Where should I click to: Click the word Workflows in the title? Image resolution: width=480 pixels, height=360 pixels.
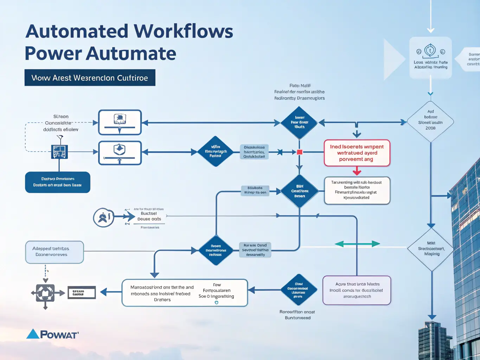(x=184, y=31)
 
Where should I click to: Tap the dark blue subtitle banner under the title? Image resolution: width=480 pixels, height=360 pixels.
(x=90, y=78)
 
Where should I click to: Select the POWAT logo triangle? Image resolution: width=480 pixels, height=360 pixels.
(x=33, y=334)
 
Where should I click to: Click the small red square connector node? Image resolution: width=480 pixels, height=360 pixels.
(x=300, y=152)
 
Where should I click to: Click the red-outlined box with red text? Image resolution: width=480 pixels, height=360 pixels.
(x=357, y=153)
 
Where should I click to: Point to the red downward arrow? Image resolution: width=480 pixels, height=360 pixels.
(x=357, y=171)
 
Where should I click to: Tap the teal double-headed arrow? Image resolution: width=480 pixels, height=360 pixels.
(x=357, y=244)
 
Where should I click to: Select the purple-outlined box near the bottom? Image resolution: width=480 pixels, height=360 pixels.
(x=357, y=290)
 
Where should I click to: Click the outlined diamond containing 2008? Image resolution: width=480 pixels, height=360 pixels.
(x=430, y=122)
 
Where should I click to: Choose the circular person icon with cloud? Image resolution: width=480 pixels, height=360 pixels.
(x=103, y=218)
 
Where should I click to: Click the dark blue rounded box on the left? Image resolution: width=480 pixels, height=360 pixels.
(x=58, y=182)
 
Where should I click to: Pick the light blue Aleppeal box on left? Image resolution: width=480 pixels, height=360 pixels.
(x=55, y=252)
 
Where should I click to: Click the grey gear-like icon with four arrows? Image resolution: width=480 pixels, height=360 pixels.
(x=45, y=292)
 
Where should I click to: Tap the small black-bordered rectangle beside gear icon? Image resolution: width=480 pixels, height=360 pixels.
(x=82, y=292)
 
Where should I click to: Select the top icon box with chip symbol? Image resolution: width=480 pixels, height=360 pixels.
(x=120, y=122)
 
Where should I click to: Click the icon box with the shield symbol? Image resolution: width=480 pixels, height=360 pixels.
(x=120, y=153)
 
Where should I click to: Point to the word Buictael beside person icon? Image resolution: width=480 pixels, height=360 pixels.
(x=149, y=213)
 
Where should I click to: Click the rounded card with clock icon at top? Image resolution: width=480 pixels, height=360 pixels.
(x=430, y=58)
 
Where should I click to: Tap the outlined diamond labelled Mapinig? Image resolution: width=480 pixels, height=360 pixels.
(x=431, y=249)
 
